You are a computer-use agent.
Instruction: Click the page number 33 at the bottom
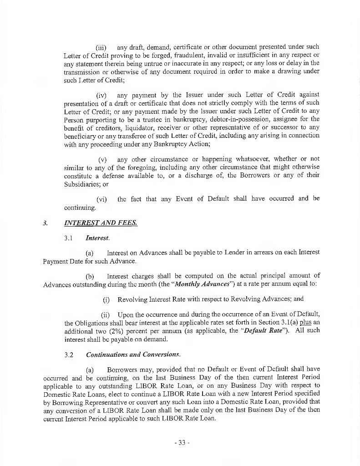click(180, 442)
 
